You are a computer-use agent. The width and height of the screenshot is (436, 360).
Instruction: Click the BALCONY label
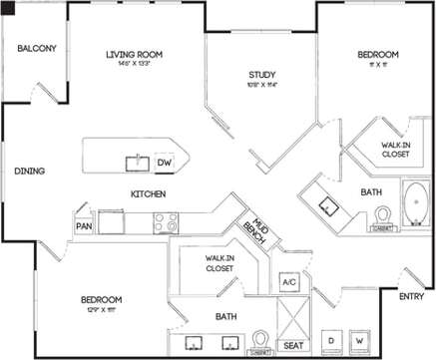[36, 48]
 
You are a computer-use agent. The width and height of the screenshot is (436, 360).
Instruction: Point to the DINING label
[29, 171]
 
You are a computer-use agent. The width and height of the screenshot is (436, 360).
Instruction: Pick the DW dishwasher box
[166, 162]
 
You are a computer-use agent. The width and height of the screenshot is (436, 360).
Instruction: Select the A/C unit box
[289, 282]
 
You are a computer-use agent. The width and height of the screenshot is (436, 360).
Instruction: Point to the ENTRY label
[410, 296]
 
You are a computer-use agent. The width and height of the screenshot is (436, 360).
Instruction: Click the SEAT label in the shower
[293, 345]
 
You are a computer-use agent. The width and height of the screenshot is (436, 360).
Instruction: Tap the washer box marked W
[359, 341]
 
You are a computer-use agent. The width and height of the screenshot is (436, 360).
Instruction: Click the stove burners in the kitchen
[164, 222]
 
